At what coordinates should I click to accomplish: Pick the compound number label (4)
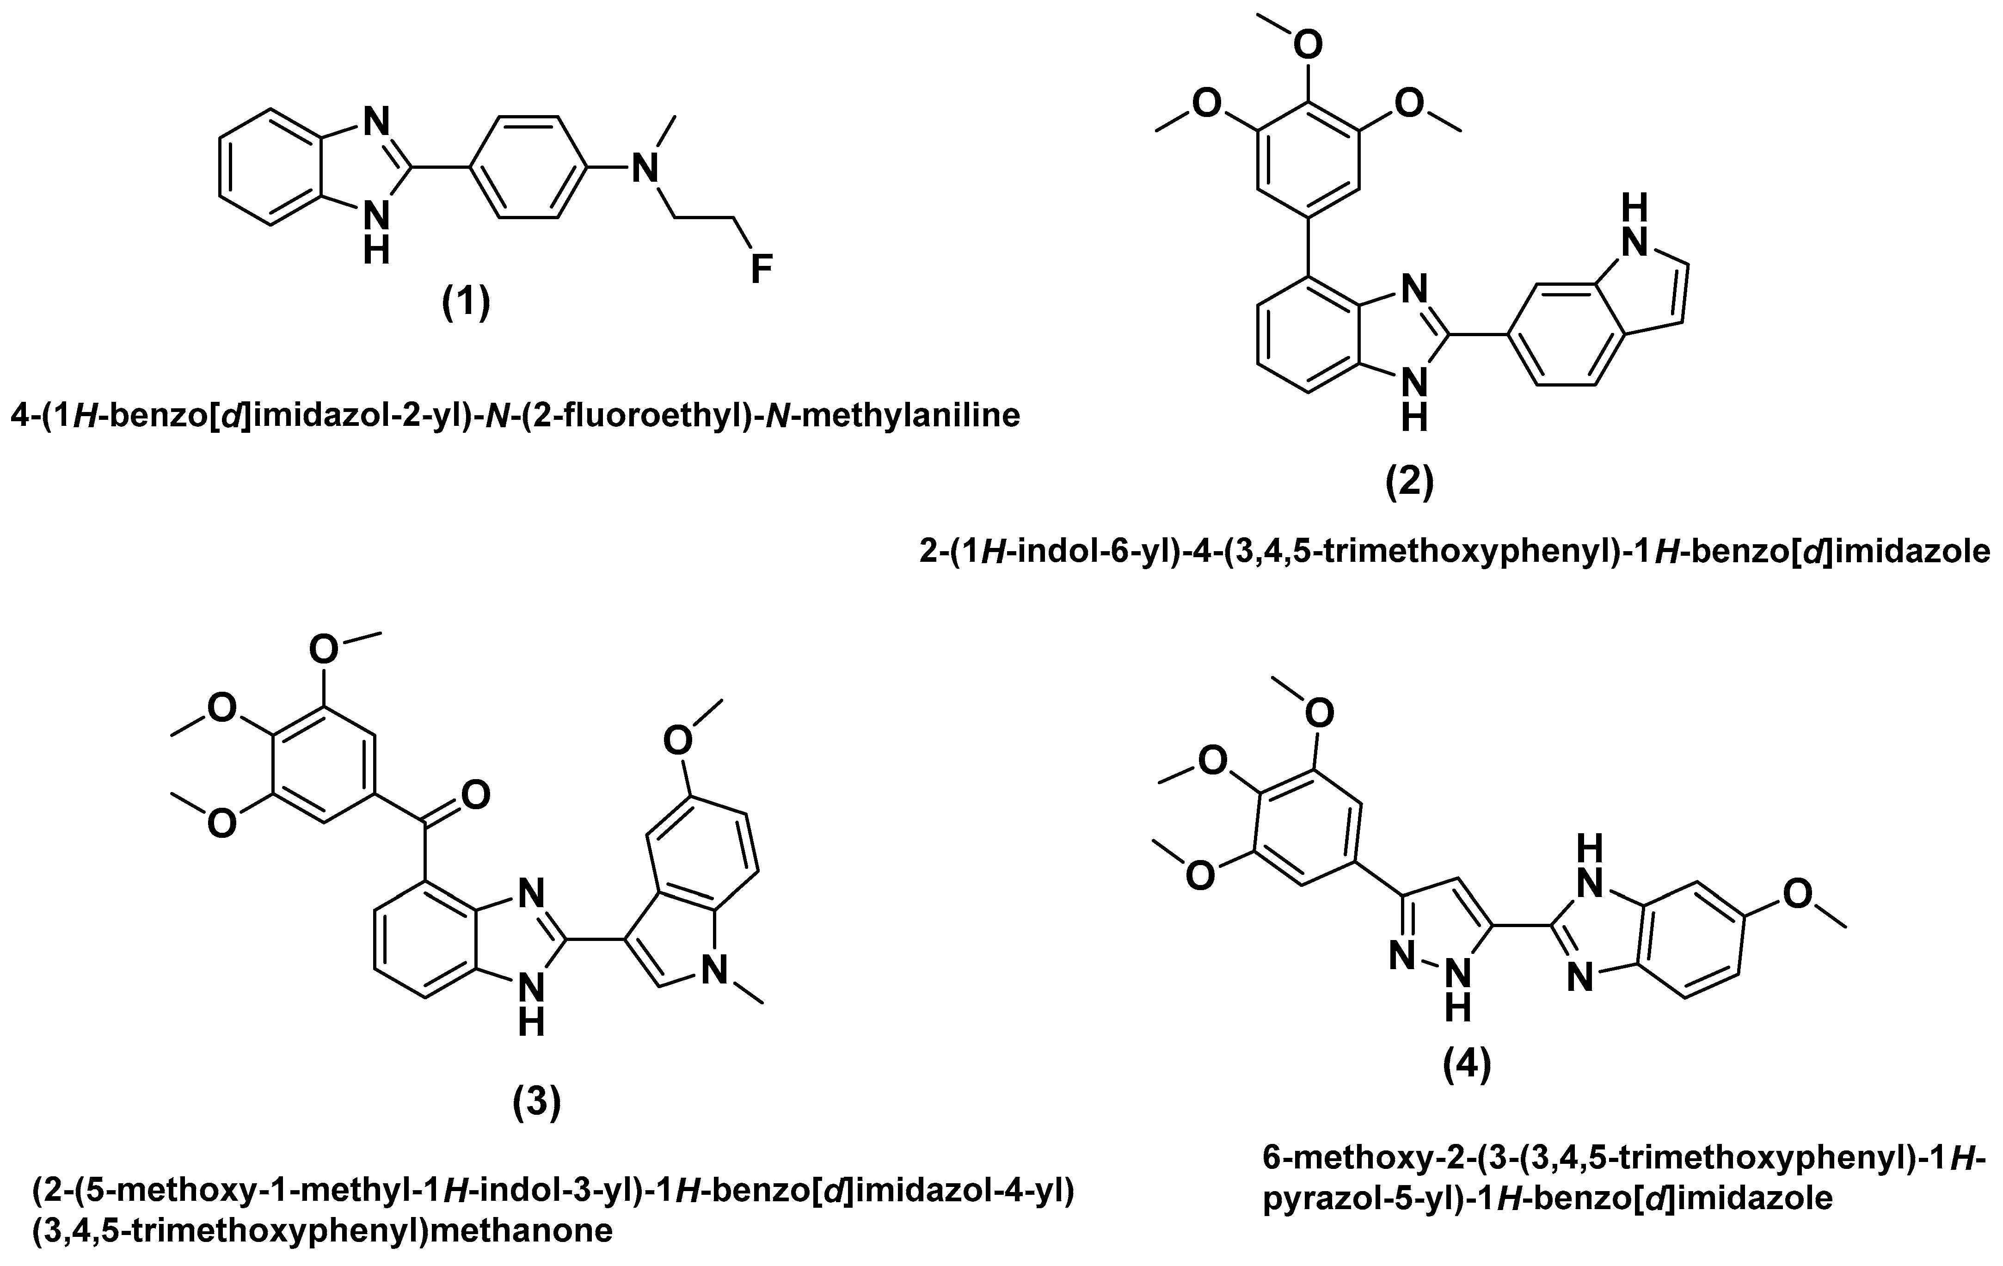click(x=1467, y=1065)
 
